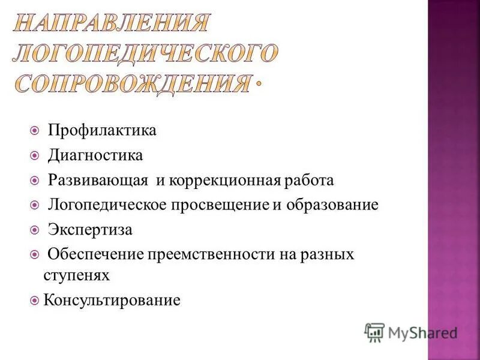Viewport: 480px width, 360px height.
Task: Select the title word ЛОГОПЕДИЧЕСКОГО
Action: tap(145, 53)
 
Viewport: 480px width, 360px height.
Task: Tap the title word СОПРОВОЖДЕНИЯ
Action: tap(131, 83)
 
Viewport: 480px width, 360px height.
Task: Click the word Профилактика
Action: tap(102, 130)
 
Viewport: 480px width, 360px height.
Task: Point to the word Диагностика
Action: tap(96, 155)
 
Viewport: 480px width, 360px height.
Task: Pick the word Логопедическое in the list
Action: tap(113, 205)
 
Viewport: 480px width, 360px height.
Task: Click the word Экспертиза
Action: tap(91, 230)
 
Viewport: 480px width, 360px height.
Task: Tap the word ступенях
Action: tap(76, 275)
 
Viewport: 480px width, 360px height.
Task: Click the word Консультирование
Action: tap(112, 299)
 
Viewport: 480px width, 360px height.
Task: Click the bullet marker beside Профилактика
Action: tap(35, 130)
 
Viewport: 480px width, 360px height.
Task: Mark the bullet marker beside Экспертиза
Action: tap(35, 230)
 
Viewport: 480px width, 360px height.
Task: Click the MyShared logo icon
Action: tap(374, 332)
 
